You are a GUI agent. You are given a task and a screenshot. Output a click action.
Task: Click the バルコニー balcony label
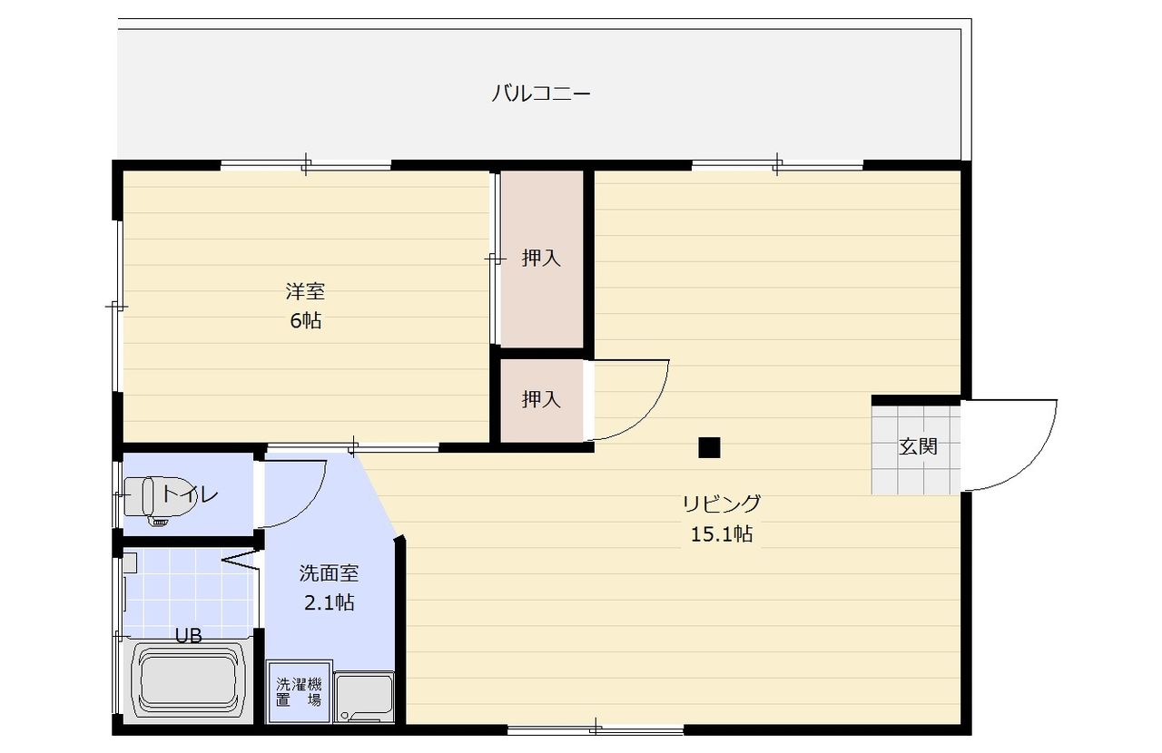point(540,93)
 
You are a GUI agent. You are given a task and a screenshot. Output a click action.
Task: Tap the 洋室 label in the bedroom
point(305,291)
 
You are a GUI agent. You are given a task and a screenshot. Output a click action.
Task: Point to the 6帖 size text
point(306,320)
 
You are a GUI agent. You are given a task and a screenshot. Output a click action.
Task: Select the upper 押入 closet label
point(541,258)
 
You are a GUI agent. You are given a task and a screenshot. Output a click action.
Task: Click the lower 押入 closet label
point(541,399)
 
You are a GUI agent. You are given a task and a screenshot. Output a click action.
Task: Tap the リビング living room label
point(722,503)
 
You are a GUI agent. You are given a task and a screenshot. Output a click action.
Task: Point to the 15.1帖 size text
point(722,533)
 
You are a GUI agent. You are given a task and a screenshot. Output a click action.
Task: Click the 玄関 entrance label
point(918,446)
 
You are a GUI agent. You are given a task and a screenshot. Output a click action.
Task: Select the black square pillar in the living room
point(709,447)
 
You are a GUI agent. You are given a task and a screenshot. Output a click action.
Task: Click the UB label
point(188,635)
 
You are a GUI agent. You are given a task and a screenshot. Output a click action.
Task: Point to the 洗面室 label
point(329,572)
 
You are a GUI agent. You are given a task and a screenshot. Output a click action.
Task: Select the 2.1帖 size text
point(329,602)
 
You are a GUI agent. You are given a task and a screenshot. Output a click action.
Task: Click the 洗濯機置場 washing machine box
point(299,691)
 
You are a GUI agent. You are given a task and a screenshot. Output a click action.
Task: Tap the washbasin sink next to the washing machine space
point(364,697)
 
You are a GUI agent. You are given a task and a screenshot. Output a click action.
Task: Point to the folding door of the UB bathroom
point(241,561)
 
